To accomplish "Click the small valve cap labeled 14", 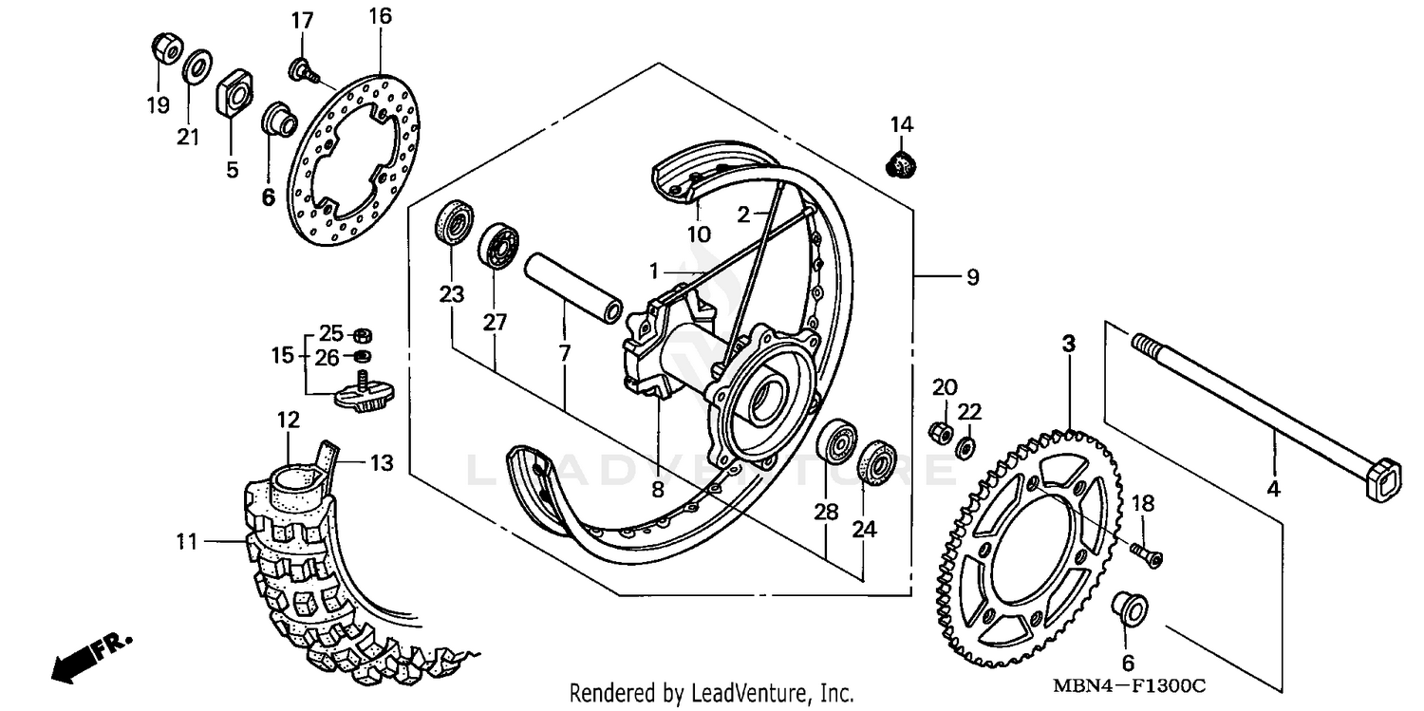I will click(900, 164).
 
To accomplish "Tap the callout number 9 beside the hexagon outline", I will click(971, 277).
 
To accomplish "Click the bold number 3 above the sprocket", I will click(1068, 344).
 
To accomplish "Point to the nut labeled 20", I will click(941, 431).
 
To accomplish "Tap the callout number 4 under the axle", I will click(1273, 490).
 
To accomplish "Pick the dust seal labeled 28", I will click(838, 441).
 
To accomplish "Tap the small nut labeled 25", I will click(361, 335).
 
